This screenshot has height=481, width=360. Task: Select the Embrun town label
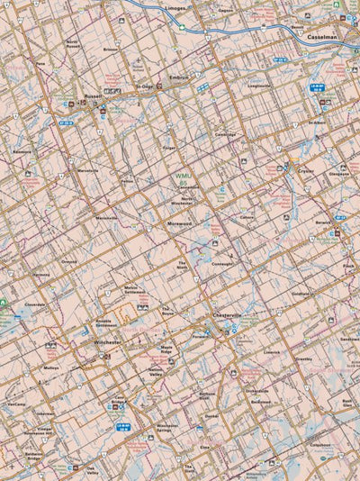point(180,78)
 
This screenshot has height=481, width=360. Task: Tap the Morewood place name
point(179,223)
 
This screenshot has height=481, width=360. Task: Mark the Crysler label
point(306,169)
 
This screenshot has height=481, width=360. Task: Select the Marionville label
point(107,218)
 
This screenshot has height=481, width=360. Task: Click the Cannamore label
point(223,263)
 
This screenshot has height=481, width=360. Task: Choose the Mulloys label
point(50,368)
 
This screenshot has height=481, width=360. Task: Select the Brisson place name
point(111,50)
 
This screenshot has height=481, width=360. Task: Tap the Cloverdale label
point(35,304)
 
